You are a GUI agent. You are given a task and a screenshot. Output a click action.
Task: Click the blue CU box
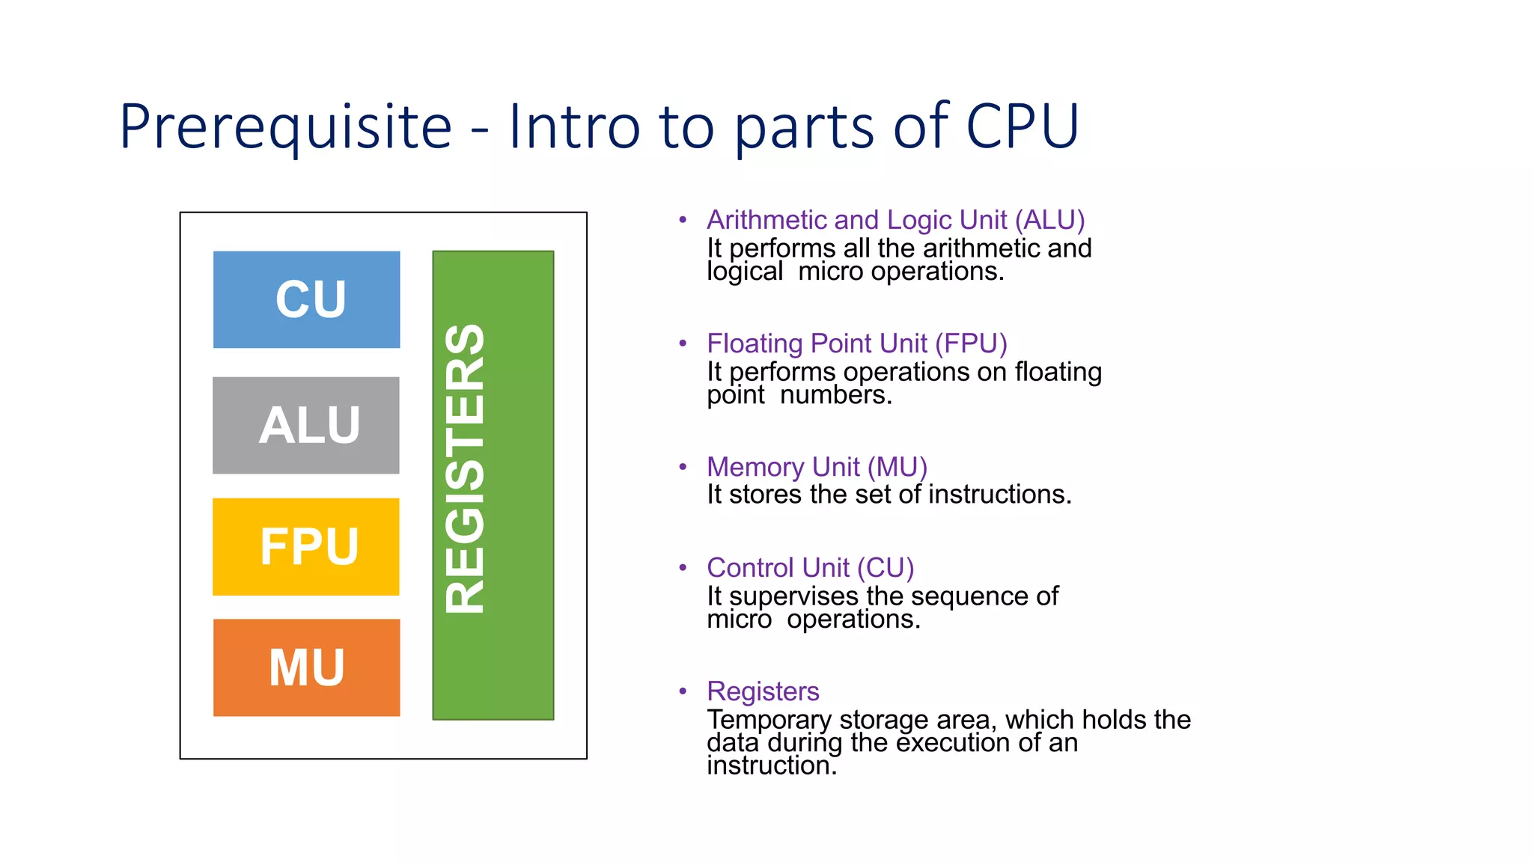coord(306,299)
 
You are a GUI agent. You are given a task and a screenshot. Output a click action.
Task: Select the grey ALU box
coord(306,425)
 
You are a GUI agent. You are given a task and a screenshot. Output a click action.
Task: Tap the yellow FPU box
coord(306,546)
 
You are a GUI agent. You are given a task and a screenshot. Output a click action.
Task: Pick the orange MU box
coord(306,667)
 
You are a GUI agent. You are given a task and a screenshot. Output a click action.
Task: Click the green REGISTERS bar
coord(493,485)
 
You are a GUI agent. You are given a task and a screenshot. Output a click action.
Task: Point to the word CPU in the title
coord(1022,126)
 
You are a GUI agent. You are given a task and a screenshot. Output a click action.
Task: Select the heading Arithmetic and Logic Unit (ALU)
coord(895,220)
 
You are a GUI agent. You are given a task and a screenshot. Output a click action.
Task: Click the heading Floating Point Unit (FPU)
coord(857,343)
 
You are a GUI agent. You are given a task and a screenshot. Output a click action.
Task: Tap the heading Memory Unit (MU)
coord(817,467)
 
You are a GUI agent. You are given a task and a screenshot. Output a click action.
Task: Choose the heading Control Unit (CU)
coord(810,568)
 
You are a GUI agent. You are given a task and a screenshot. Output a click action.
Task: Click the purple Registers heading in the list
coord(763,691)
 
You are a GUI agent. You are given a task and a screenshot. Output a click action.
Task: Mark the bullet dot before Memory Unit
coord(683,467)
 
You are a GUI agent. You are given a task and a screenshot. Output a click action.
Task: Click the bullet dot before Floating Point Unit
coord(683,343)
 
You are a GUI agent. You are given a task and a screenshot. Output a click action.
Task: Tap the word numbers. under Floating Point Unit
coord(835,395)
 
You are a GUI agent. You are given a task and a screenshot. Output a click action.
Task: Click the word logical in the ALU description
coord(745,272)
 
